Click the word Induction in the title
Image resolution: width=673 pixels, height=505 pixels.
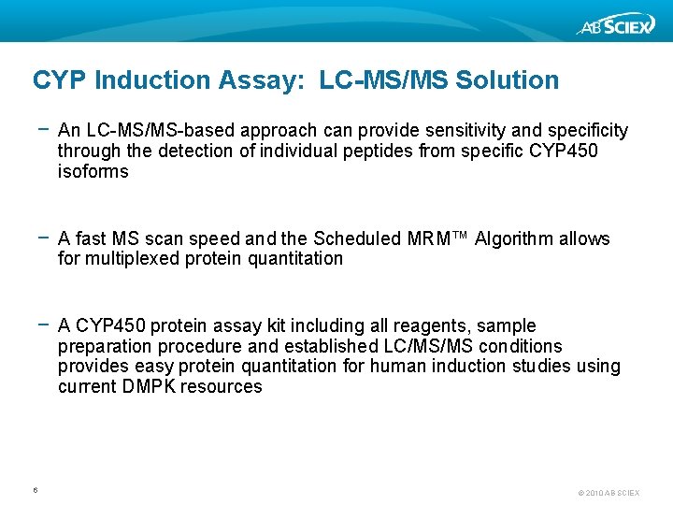(x=150, y=80)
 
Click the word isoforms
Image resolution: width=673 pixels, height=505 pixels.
(x=93, y=171)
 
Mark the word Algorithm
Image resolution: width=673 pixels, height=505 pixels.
(x=516, y=238)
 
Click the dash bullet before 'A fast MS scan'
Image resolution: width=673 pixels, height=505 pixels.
(x=42, y=238)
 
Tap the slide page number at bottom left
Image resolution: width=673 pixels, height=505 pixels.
(x=35, y=489)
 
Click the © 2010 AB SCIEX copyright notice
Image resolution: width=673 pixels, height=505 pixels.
(x=609, y=492)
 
